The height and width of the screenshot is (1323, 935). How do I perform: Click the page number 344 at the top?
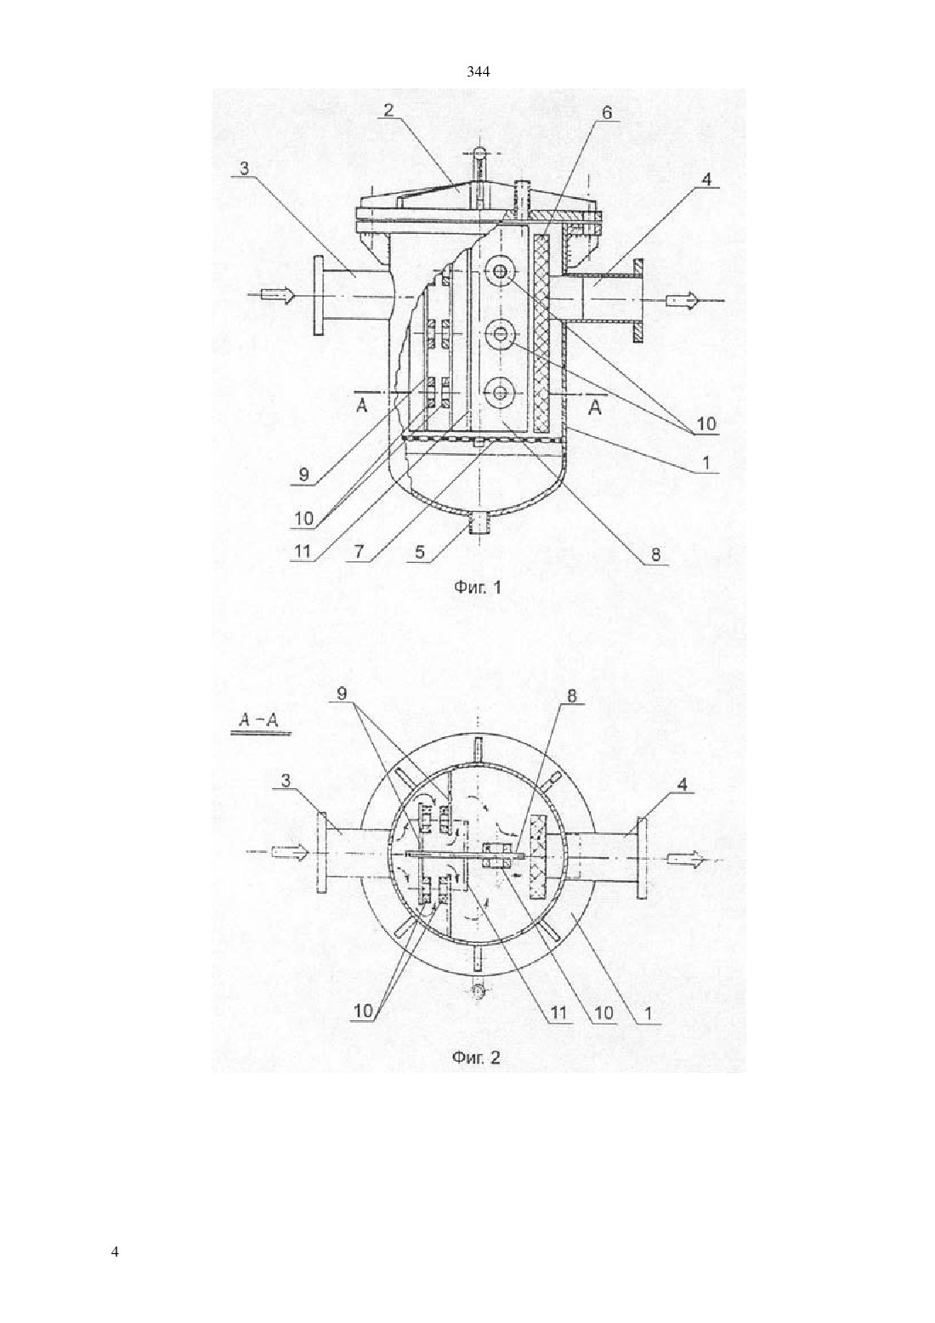[478, 72]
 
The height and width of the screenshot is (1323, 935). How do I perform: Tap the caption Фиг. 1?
[478, 587]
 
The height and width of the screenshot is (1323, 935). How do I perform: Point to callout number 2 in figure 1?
[388, 111]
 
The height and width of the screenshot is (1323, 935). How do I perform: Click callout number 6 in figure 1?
[608, 113]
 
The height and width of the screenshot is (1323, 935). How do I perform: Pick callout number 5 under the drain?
[359, 552]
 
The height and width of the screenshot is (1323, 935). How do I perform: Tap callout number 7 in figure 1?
[571, 697]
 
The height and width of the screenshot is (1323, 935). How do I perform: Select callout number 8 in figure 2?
[286, 781]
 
